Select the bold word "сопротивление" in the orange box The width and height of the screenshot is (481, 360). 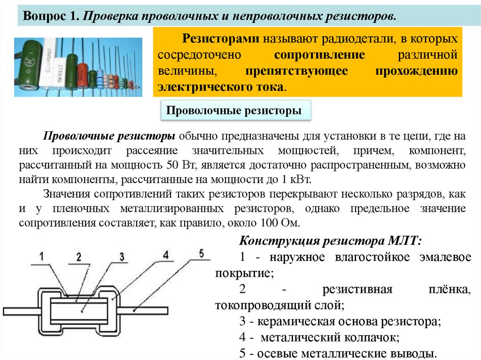[319, 54]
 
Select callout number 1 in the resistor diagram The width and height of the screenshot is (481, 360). [41, 256]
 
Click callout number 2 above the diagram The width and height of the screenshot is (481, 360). [78, 257]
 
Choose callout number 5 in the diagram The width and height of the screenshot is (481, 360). [201, 253]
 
